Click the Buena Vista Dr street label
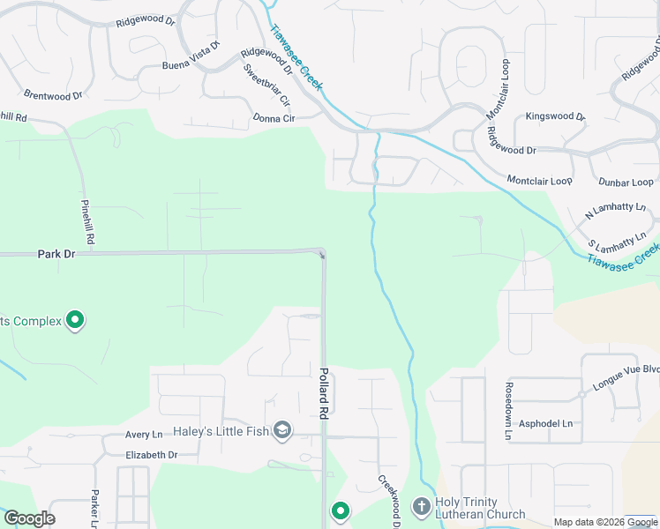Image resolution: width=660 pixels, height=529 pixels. (190, 56)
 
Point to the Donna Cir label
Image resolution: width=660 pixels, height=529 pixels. (274, 118)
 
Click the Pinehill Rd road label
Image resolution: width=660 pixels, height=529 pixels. (87, 220)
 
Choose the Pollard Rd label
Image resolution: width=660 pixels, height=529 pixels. (324, 392)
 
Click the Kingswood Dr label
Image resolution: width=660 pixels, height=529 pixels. (555, 116)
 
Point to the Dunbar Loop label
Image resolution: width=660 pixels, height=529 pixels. (626, 183)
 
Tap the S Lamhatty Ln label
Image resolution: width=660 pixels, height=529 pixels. (622, 241)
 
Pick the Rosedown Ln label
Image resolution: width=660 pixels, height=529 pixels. (509, 411)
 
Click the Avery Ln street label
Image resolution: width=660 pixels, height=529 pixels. (144, 435)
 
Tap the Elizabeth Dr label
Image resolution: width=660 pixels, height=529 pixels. (152, 455)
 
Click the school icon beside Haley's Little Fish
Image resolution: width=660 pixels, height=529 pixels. (282, 430)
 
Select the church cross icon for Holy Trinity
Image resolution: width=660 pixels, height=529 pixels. (421, 506)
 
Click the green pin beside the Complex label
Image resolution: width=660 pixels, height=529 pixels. (76, 320)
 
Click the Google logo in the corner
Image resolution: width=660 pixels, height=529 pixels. (29, 518)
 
